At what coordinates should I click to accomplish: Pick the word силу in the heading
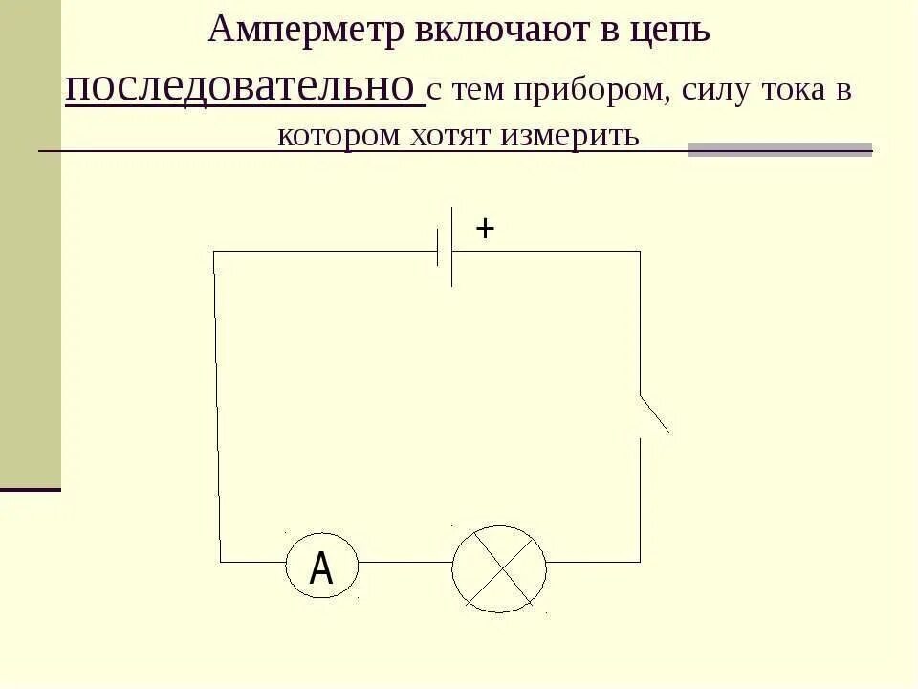718,90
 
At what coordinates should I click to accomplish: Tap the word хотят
448,135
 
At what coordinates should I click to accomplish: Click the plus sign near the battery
485,229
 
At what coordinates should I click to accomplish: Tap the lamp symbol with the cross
499,568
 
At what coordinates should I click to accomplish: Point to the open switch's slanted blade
654,413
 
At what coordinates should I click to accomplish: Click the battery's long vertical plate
452,247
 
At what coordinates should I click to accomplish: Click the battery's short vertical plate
438,250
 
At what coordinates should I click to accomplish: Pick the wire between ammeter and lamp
405,562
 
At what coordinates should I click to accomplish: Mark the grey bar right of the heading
780,149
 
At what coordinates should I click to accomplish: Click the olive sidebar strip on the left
30,239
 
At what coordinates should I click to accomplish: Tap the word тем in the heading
477,90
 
